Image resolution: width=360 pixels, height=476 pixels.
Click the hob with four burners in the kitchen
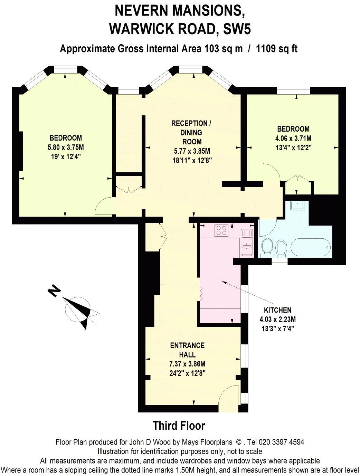pos(221,230)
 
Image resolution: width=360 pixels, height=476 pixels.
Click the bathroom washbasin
pos(297,206)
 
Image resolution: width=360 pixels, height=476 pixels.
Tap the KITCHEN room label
pos(277,310)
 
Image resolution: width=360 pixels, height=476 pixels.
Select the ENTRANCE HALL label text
pos(187,350)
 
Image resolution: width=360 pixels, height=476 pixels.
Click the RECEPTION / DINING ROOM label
pos(190,132)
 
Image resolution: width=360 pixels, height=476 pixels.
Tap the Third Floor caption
pos(179,426)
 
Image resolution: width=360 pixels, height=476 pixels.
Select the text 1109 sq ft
pos(277,49)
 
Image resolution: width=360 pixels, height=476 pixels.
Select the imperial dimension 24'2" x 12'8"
pos(187,373)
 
